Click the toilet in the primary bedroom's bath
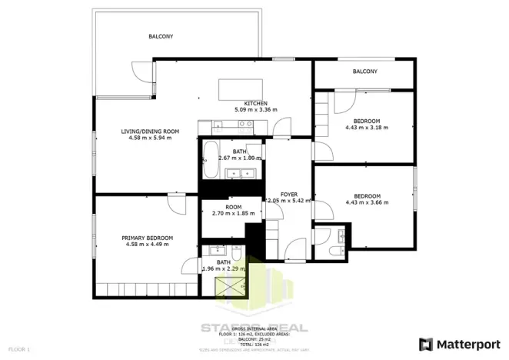[x=237, y=255]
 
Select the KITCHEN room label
[x=255, y=103]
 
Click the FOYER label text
[x=288, y=194]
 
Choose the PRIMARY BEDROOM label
[x=147, y=238]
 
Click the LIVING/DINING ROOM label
[x=150, y=132]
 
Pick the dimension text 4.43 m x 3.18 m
[x=367, y=128]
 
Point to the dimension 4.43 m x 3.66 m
[x=367, y=202]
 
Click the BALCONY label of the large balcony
[x=161, y=36]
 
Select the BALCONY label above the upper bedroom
[x=364, y=72]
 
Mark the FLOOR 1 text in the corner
[x=17, y=350]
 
